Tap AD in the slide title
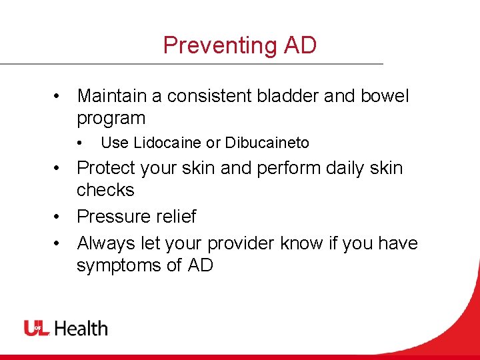[x=300, y=45]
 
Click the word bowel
[x=384, y=96]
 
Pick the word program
[x=111, y=119]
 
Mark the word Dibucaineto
[x=267, y=143]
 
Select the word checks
[x=105, y=190]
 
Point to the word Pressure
[x=112, y=217]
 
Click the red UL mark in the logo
[x=37, y=328]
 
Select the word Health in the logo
[x=81, y=328]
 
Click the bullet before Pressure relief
[x=59, y=217]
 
